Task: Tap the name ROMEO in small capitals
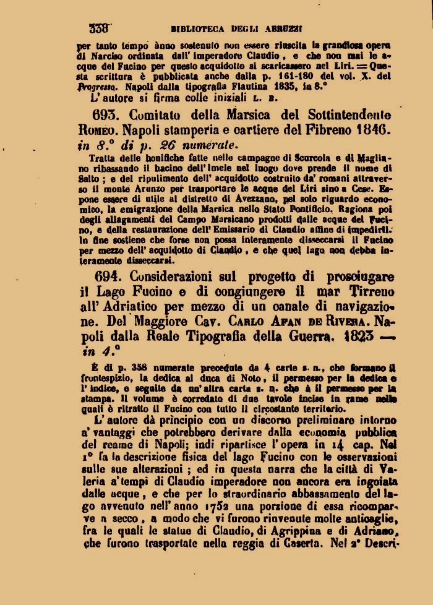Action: [x=95, y=131]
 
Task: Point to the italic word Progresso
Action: [x=98, y=87]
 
